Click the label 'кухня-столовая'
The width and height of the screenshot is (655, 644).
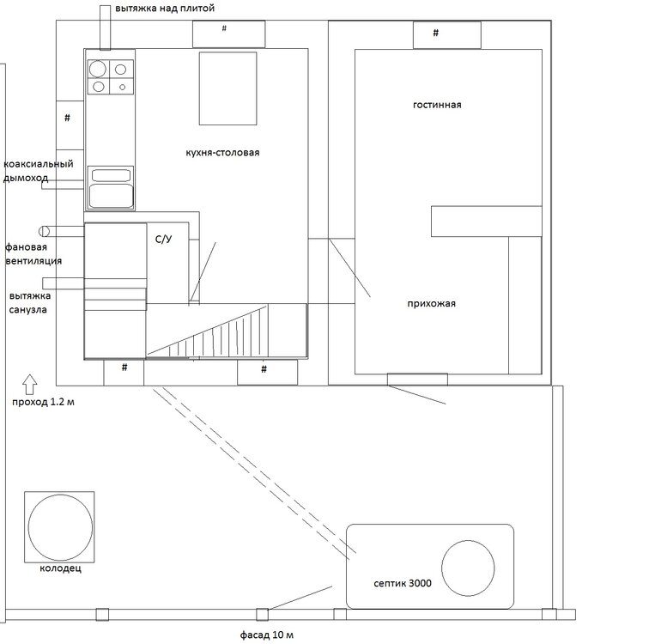click(x=222, y=153)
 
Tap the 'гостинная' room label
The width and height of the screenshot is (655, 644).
click(x=437, y=105)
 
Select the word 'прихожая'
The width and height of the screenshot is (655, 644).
click(x=431, y=304)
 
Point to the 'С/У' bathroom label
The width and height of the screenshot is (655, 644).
click(x=163, y=239)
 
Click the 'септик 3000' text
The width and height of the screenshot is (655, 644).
click(x=403, y=583)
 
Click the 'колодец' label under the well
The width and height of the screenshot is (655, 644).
click(x=61, y=568)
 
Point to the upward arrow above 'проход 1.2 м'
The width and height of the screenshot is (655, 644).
click(x=29, y=385)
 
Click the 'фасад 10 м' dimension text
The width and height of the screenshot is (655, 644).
click(x=266, y=635)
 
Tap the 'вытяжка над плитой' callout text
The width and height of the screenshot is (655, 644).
click(x=165, y=9)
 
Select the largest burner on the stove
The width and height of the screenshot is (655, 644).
click(x=98, y=70)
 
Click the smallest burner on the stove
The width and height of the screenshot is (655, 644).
click(x=123, y=87)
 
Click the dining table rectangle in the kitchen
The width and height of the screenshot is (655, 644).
click(x=227, y=88)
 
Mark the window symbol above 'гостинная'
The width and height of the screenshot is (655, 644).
click(x=447, y=35)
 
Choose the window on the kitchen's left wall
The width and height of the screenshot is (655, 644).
click(x=70, y=125)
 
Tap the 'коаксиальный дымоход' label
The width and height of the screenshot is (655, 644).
click(x=39, y=171)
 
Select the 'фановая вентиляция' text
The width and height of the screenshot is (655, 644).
click(x=33, y=254)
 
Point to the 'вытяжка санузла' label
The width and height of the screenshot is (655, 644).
click(x=30, y=303)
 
